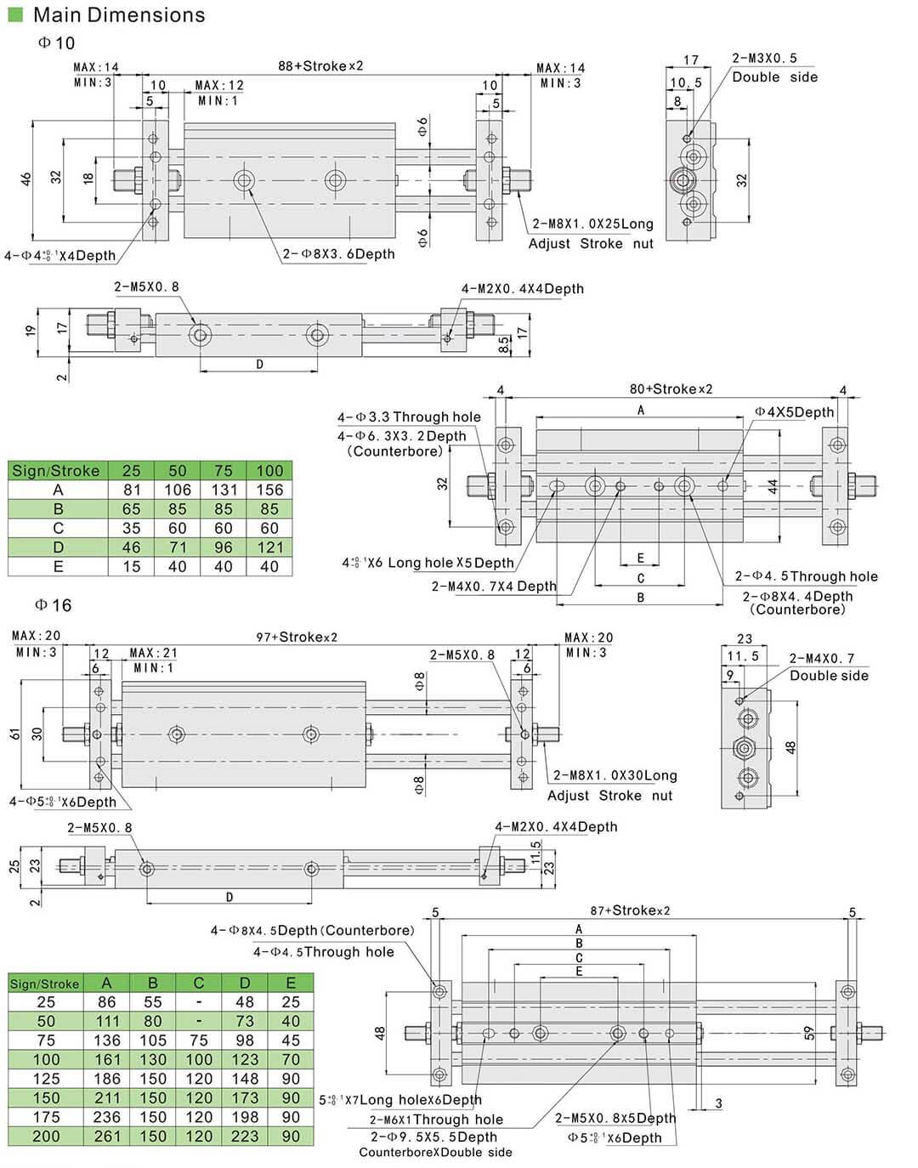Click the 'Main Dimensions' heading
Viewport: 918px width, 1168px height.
pos(119,14)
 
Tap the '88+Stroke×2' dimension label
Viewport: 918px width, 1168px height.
pos(320,65)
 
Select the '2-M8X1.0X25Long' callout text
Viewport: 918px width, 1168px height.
pos(592,224)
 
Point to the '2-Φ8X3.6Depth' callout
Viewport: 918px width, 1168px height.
pos(338,253)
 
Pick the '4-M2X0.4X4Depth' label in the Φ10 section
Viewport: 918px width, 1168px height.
pos(523,289)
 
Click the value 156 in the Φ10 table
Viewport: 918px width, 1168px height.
pos(269,490)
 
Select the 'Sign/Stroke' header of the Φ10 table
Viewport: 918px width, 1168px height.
pos(56,471)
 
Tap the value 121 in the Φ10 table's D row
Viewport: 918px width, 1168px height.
pos(269,547)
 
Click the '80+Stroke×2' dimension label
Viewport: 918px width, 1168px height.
pos(671,389)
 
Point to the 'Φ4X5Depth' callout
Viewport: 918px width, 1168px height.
pos(795,412)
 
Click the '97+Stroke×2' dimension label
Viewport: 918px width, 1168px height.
pos(297,637)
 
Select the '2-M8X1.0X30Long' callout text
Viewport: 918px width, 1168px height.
pos(615,775)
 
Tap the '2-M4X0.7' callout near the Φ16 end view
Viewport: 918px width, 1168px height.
pos(822,658)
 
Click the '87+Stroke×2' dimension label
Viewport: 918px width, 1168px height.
pos(630,910)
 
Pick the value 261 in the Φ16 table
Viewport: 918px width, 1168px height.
pos(107,1137)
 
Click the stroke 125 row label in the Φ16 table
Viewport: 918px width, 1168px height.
pos(46,1079)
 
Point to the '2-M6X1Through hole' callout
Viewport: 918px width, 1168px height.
pos(436,1120)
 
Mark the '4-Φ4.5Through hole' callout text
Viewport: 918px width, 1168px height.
pos(324,952)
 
